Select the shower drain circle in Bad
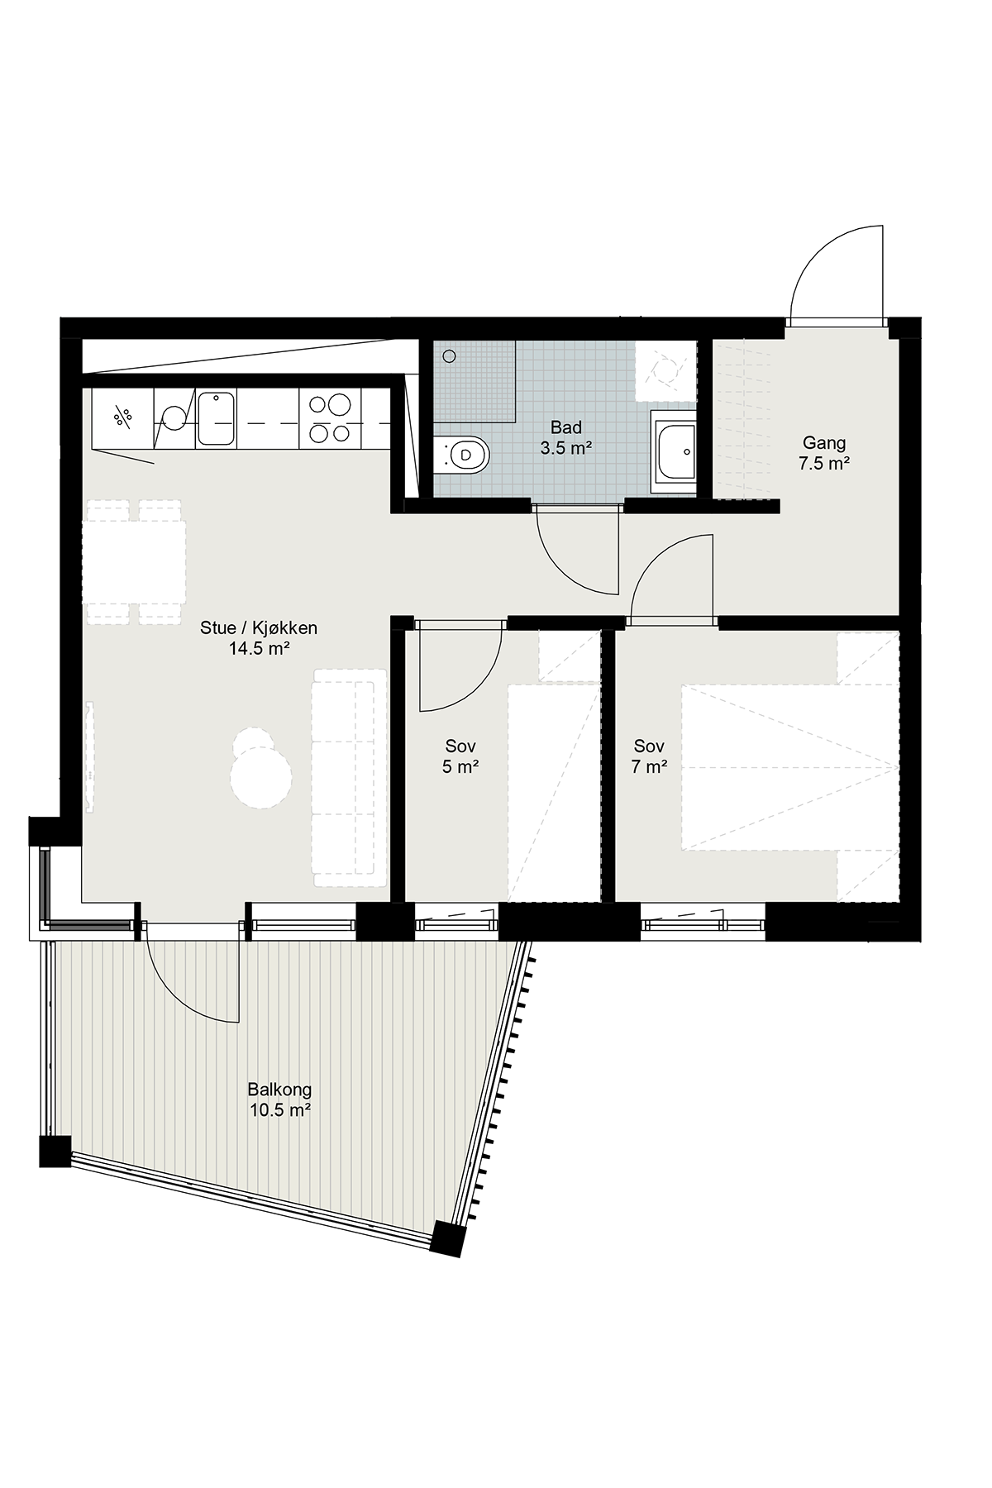coord(449,356)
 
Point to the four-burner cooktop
coord(331,418)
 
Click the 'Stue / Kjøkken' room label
coord(259,628)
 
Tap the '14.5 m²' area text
coord(259,649)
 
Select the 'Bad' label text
coord(566,427)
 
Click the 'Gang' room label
coord(823,444)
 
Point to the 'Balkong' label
coord(279,1090)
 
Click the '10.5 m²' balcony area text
coord(279,1110)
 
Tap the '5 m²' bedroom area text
coord(460,767)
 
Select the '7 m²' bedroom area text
coord(650,767)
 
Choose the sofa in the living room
coord(349,778)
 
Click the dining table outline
coord(134,561)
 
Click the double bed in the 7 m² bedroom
coord(789,766)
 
